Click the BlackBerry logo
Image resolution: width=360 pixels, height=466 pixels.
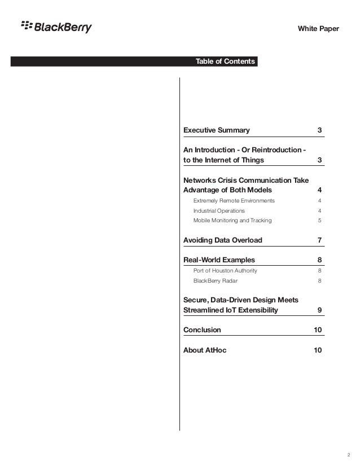tap(56, 27)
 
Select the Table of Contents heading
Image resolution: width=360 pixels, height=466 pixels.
tap(225, 61)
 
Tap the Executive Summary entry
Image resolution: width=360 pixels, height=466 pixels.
tap(217, 130)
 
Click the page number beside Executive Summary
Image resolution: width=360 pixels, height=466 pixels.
tap(320, 130)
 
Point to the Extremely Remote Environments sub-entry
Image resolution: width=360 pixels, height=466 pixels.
tap(234, 200)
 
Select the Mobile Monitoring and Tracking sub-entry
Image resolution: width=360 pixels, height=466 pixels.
tap(232, 220)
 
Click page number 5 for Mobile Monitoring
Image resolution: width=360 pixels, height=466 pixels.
tap(320, 220)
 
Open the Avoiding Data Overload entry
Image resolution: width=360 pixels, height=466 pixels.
tap(223, 240)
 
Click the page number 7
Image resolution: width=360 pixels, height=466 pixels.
tap(320, 240)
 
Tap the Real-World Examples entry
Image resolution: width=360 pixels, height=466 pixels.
tap(219, 260)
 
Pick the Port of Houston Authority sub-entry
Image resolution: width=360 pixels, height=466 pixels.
tap(225, 270)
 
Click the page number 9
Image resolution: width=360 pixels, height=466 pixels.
tap(320, 310)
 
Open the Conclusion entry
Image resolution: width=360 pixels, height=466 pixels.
tap(203, 329)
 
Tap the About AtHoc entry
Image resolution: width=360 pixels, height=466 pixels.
tap(205, 350)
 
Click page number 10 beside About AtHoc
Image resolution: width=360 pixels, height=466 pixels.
tap(318, 350)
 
